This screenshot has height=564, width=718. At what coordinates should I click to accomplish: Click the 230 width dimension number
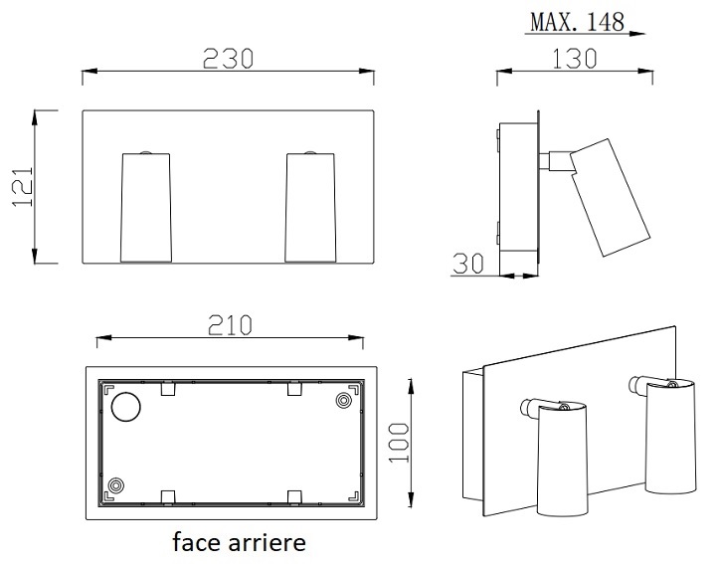(x=228, y=59)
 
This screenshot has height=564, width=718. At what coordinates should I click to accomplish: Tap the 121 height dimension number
(x=23, y=186)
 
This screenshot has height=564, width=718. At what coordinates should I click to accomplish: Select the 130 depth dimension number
(x=575, y=59)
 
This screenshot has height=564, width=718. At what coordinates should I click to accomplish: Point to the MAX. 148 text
(x=578, y=22)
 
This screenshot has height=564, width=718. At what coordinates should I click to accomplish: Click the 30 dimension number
(x=468, y=264)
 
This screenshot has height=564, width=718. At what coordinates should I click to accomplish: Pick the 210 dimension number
(x=230, y=325)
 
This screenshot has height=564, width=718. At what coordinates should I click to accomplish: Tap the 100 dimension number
(x=399, y=443)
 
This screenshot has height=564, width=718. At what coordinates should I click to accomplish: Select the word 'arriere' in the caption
(x=267, y=542)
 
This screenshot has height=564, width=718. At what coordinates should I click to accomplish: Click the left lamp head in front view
(x=145, y=208)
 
